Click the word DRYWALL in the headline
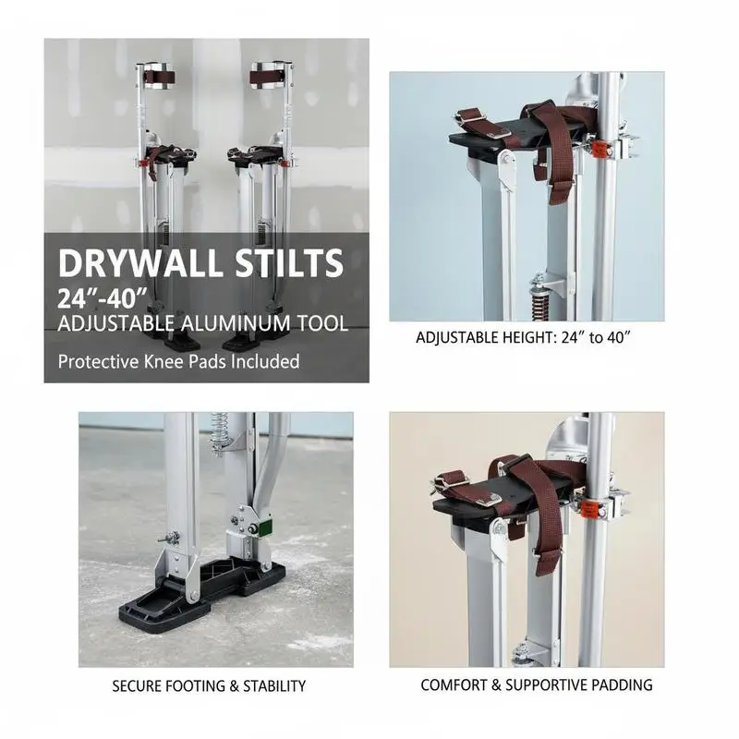(140, 263)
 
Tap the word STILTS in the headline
(289, 263)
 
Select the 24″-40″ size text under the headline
(103, 297)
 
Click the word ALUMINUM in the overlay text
(237, 324)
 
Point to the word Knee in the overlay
(164, 361)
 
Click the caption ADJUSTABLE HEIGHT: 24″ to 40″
(523, 337)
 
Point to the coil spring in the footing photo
(218, 433)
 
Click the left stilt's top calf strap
(159, 77)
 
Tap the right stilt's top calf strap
(265, 77)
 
